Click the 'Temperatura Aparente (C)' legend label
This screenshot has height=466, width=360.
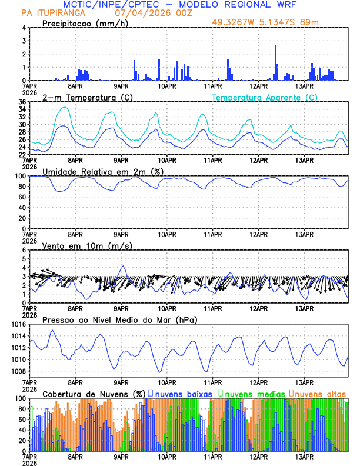click(265, 97)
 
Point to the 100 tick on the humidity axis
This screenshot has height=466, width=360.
click(19, 176)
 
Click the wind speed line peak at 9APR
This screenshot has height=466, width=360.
click(122, 267)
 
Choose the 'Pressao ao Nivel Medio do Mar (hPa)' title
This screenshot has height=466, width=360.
click(120, 319)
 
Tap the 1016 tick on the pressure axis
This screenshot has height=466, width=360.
click(17, 324)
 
